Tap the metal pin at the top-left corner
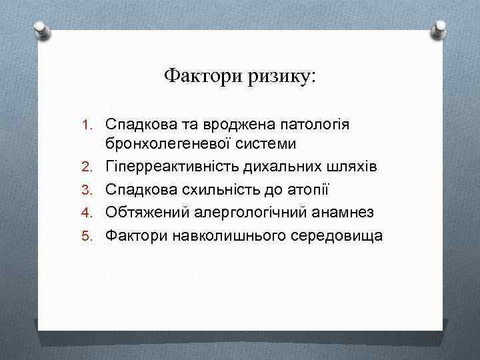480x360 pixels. (41, 29)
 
